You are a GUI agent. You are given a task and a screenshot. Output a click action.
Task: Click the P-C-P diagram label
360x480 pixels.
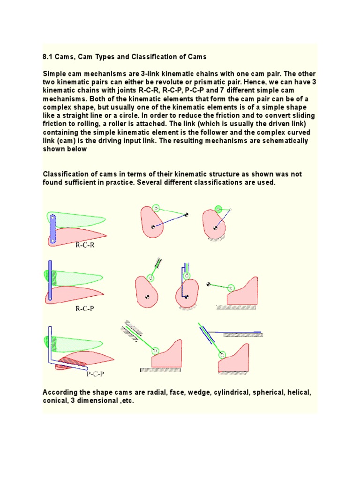coord(96,374)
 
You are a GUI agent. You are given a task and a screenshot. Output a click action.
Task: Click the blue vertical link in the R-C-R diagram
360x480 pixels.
coord(53,228)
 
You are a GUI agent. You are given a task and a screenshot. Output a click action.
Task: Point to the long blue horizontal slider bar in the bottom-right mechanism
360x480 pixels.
coord(234,331)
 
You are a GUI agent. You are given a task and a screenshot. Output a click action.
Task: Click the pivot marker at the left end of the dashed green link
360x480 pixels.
coord(209,284)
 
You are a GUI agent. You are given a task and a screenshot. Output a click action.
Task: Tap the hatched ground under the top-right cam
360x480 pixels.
coord(216,240)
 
